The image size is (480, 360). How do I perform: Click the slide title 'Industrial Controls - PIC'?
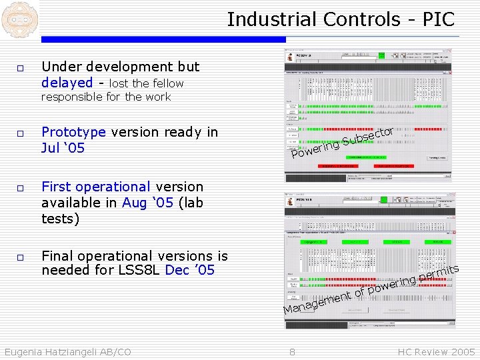click(340, 19)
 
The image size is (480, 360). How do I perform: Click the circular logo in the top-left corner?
click(18, 19)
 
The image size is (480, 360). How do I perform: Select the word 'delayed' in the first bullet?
click(67, 83)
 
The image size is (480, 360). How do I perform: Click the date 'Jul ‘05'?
click(63, 148)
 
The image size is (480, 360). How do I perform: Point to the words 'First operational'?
click(96, 187)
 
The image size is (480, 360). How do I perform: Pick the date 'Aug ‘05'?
click(147, 203)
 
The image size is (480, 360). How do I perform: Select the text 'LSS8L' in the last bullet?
click(141, 270)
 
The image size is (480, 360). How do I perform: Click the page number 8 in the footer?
click(292, 352)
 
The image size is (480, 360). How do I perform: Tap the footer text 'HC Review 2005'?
click(436, 352)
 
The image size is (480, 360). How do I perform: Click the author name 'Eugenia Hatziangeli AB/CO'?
click(67, 352)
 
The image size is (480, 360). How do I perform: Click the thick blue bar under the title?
click(163, 40)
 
